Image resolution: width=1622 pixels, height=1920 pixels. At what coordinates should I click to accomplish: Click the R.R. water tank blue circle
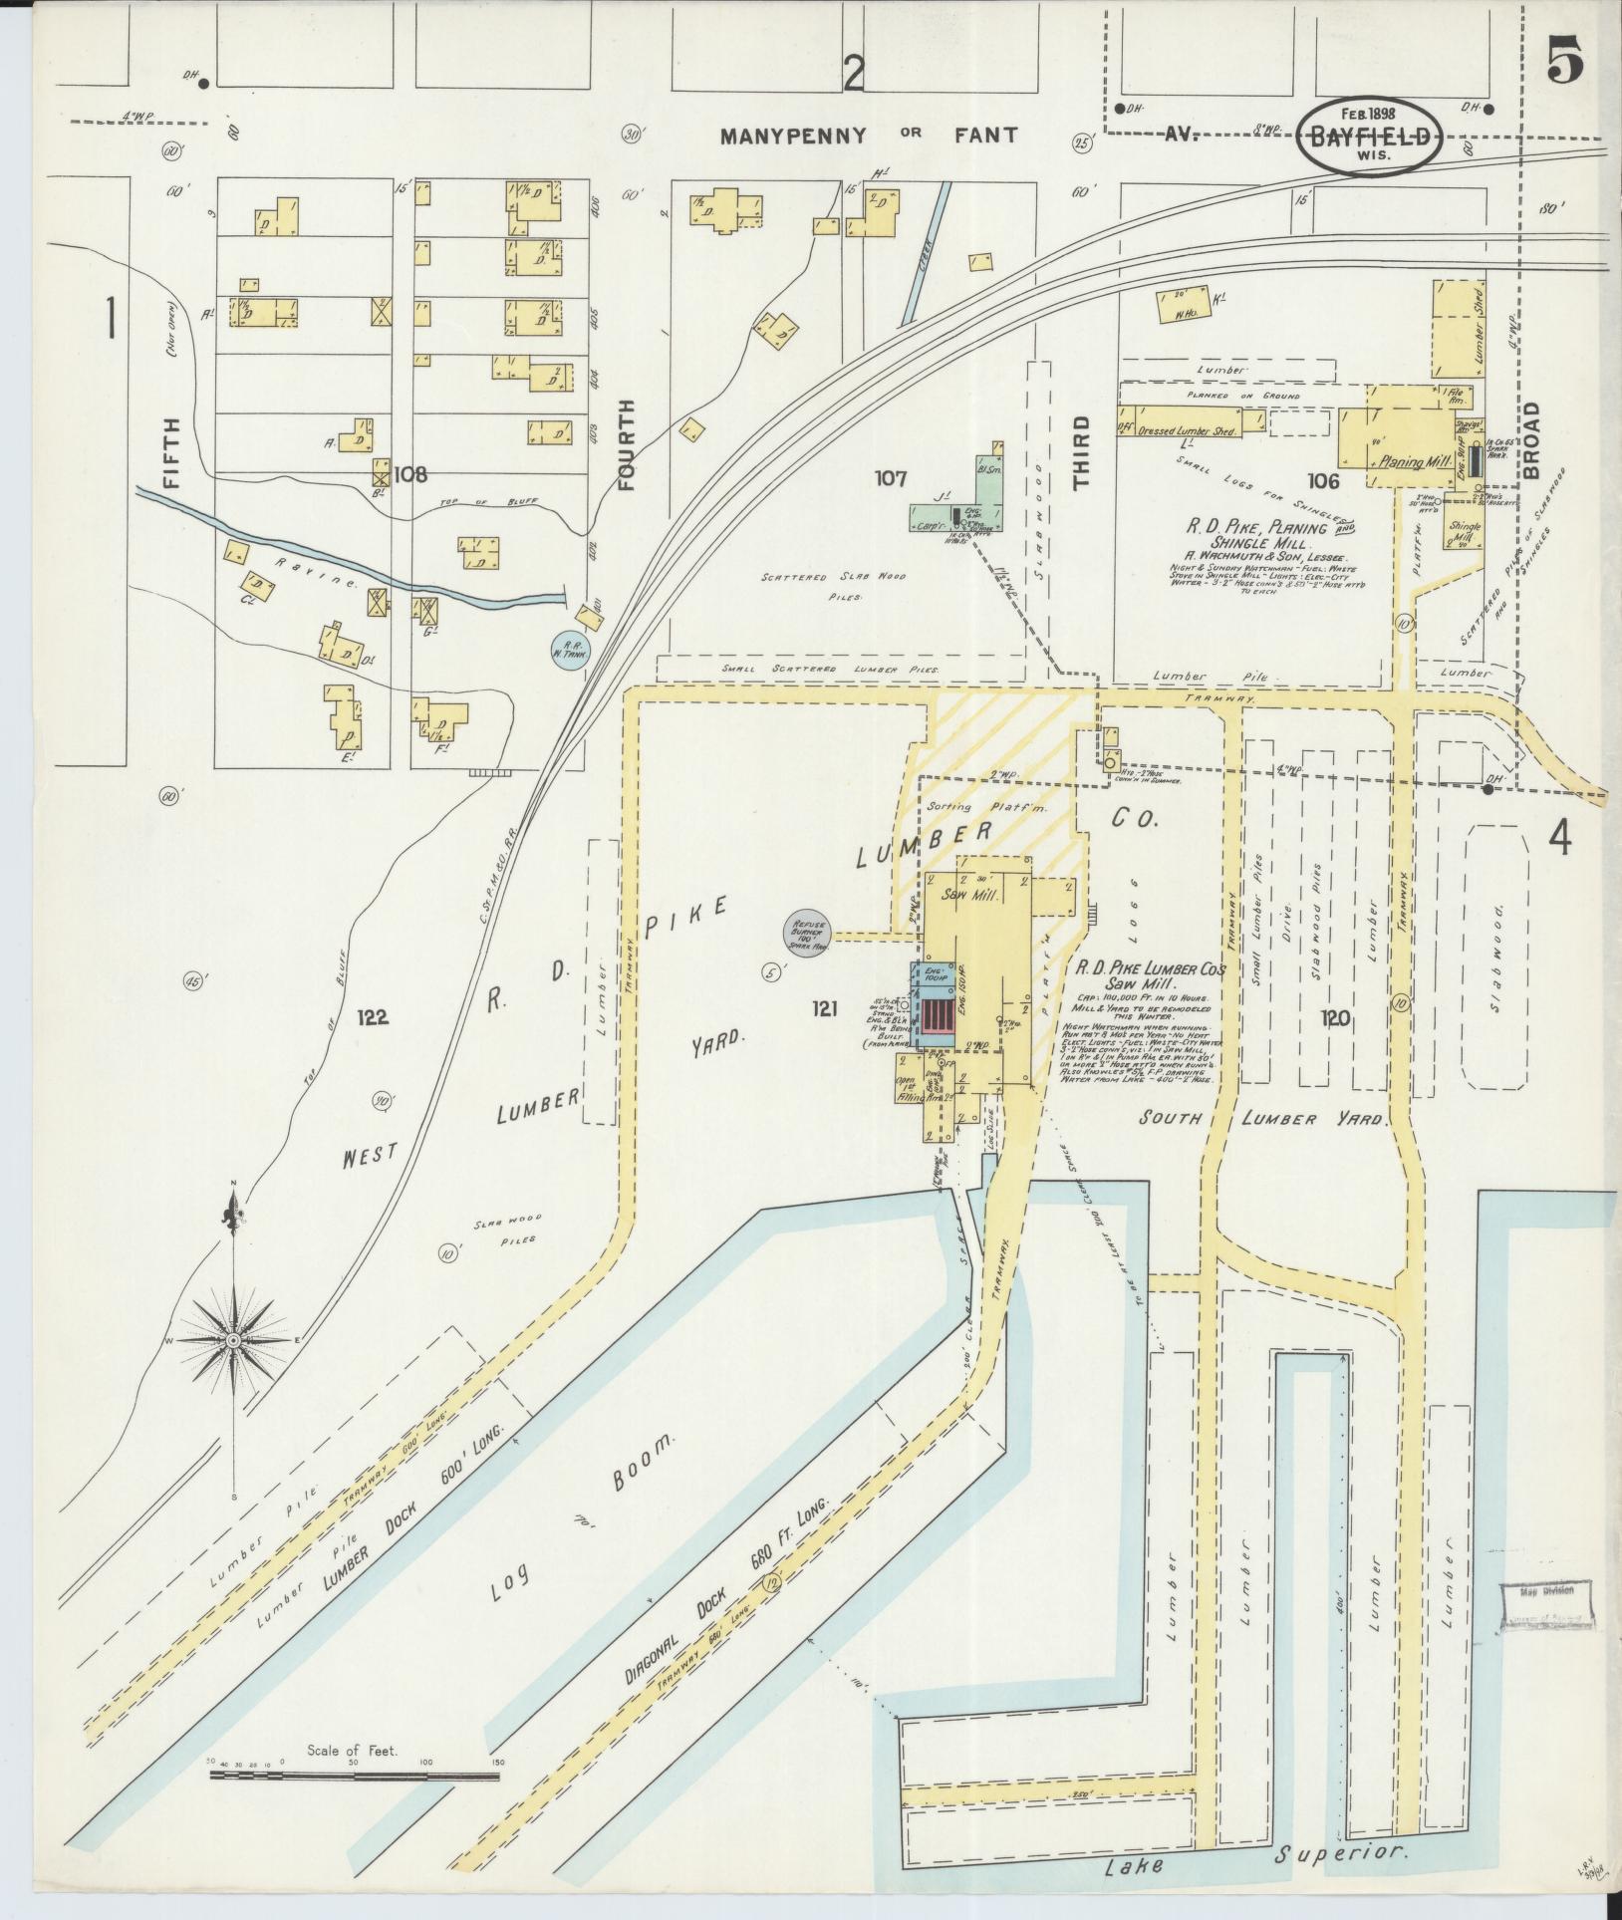[572, 651]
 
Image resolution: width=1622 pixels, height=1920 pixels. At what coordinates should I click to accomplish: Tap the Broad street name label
[1531, 438]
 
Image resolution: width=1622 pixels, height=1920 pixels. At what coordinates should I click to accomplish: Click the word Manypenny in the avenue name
[794, 135]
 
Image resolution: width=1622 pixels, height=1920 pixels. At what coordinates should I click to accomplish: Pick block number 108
[409, 475]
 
